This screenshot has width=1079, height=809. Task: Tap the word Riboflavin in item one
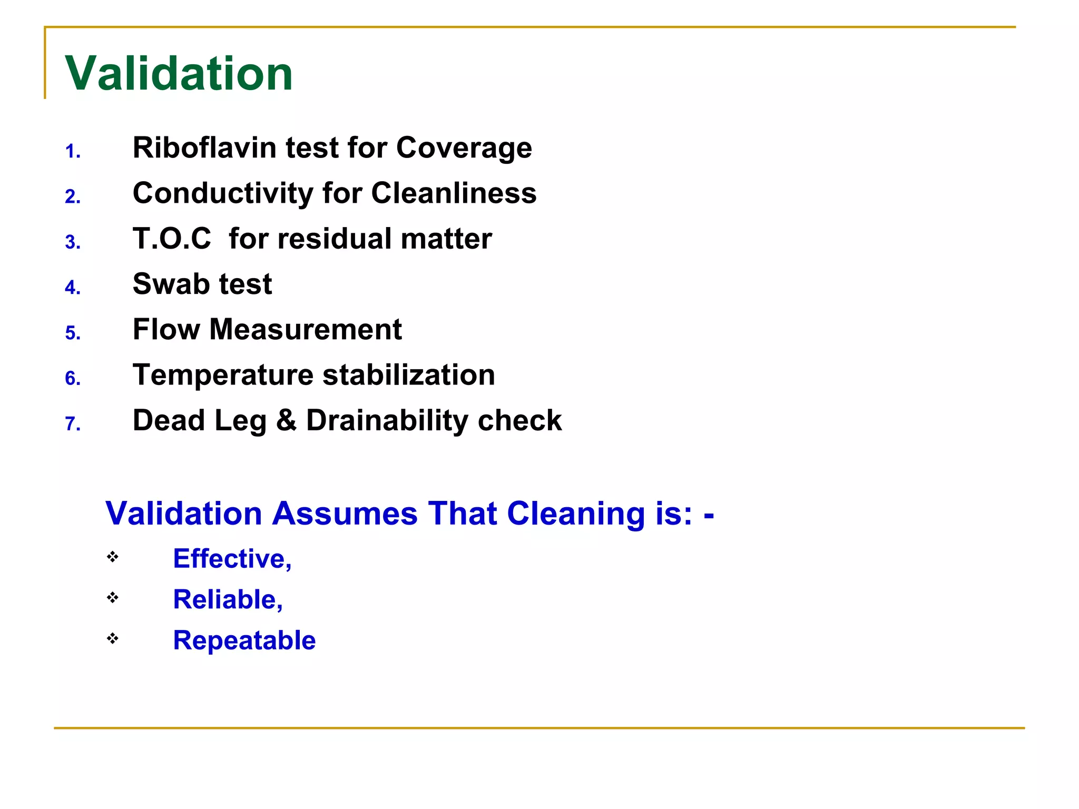pos(205,147)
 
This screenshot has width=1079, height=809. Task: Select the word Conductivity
pos(223,193)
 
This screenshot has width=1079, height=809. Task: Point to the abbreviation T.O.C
pos(172,239)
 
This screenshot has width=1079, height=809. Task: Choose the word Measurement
pos(306,330)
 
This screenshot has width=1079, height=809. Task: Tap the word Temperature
pos(223,375)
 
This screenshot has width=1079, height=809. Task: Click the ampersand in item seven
pos(287,420)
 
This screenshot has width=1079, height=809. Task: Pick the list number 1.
pos(73,152)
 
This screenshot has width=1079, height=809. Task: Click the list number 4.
pos(73,288)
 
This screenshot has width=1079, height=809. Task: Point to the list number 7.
pos(73,424)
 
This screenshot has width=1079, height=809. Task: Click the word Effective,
pos(232,558)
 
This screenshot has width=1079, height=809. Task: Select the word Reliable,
pos(228,599)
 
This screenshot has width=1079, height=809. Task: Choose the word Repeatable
pos(244,640)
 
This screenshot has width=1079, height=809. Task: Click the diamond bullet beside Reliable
pos(112,597)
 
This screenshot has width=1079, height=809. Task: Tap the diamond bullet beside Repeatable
pos(112,638)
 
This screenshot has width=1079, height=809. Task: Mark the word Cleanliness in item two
pos(454,193)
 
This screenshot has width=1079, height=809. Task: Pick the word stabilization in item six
pos(408,375)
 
